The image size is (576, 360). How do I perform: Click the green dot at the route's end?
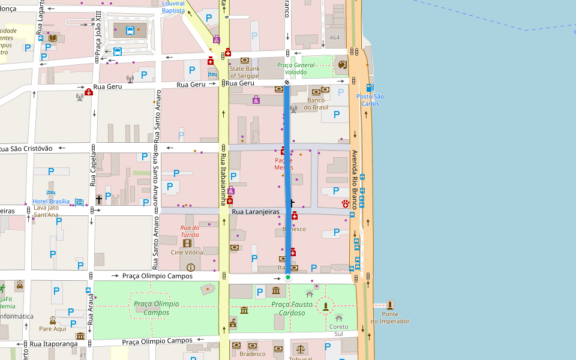[287, 277]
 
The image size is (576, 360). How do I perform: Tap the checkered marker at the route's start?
[287, 82]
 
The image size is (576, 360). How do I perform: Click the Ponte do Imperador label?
[389, 317]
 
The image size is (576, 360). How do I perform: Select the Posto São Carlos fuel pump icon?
[370, 88]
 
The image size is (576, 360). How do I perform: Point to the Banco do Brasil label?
[316, 104]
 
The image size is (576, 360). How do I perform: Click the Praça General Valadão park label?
[296, 68]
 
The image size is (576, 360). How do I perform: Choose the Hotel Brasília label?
[51, 202]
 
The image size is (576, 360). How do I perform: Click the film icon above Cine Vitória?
[187, 243]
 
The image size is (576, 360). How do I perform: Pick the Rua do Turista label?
[190, 231]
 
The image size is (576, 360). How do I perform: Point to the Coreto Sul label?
[338, 330]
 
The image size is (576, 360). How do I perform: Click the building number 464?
[334, 38]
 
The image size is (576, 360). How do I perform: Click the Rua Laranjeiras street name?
[256, 212]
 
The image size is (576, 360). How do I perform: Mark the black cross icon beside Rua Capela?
[99, 198]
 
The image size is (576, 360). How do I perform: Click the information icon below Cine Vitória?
[191, 267]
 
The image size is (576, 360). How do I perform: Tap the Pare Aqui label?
[52, 329]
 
